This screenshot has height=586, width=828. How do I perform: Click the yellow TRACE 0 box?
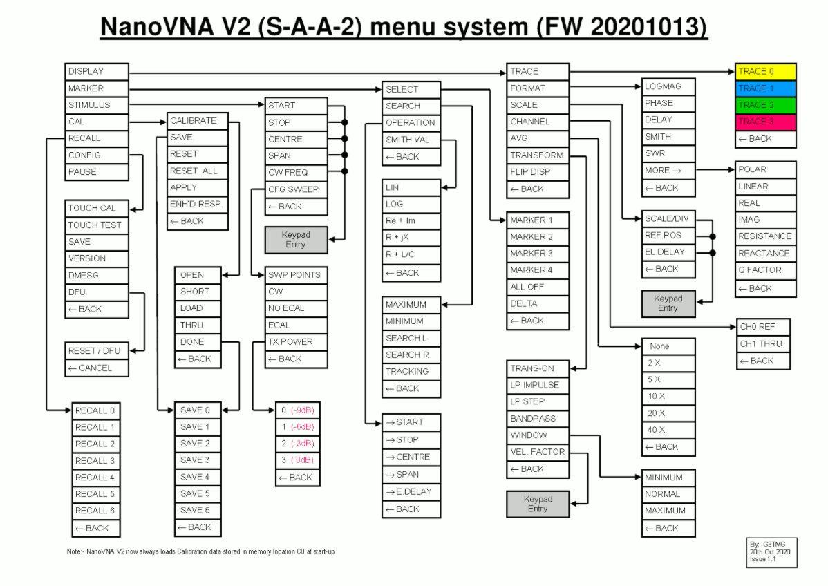(x=765, y=71)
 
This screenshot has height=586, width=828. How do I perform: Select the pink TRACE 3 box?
(x=765, y=122)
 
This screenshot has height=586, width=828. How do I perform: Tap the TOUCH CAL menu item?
(x=97, y=208)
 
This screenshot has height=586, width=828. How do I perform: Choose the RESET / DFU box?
(x=97, y=351)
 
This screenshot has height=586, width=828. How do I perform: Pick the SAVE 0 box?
(x=197, y=410)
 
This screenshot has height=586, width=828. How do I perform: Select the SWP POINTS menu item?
(x=296, y=274)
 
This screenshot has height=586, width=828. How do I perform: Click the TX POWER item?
(x=296, y=341)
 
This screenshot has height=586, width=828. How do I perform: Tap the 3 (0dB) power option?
(x=298, y=460)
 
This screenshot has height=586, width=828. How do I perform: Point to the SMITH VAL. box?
(x=411, y=140)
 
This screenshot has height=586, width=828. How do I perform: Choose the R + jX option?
(x=411, y=238)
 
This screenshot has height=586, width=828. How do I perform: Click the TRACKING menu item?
(x=411, y=371)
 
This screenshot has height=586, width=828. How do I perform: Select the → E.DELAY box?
(x=411, y=492)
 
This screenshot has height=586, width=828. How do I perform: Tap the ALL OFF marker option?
(x=537, y=287)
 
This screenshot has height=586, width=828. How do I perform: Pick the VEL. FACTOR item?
(x=537, y=452)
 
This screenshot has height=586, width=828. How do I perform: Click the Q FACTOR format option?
(x=765, y=270)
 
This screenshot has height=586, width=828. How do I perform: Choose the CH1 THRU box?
(x=762, y=343)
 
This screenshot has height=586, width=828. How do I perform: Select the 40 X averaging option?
(x=668, y=430)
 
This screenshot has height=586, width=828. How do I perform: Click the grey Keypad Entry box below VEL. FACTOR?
(x=538, y=504)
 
